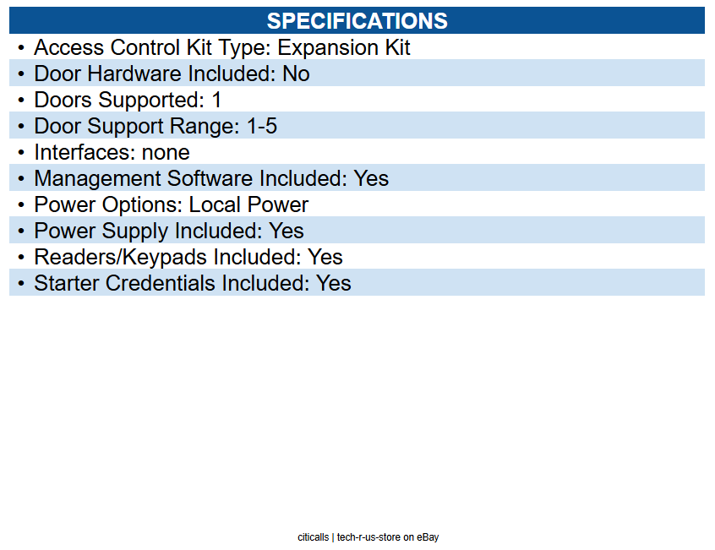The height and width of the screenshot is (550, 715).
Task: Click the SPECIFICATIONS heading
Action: (x=357, y=21)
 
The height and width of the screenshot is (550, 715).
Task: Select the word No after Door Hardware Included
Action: (x=296, y=74)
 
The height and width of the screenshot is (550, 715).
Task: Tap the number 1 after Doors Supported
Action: (x=216, y=100)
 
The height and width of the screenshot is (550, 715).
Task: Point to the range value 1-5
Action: (x=262, y=126)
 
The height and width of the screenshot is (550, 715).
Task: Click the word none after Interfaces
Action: (x=166, y=153)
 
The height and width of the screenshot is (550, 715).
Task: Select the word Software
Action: (x=210, y=178)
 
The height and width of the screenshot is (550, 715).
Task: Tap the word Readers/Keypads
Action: (x=120, y=258)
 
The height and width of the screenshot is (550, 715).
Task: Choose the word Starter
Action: (x=67, y=283)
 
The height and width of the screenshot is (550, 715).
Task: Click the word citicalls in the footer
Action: (x=313, y=537)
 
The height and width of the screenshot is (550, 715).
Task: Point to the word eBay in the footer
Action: (x=428, y=537)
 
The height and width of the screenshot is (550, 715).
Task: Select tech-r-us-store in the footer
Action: (x=368, y=537)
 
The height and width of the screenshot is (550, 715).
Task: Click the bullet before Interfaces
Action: (x=21, y=153)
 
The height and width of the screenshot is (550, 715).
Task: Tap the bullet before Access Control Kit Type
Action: (x=21, y=47)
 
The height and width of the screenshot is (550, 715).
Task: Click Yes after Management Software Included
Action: (x=371, y=178)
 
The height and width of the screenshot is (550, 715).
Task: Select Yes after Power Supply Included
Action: (x=287, y=231)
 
